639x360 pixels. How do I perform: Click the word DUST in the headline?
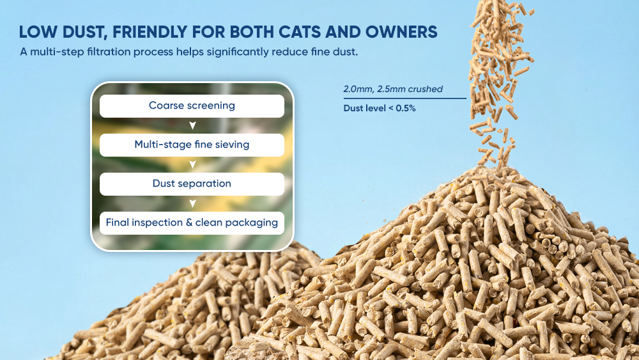coord(83,32)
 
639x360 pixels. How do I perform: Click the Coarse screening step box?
coord(192,106)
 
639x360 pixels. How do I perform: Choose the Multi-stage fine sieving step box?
coord(192,145)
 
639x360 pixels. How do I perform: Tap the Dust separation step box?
coord(192,184)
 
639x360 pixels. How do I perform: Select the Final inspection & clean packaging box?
coord(192,223)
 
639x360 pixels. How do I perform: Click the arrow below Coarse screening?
coord(193,125)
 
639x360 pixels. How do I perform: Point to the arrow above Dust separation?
coord(193,165)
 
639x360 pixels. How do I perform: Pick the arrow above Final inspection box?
coord(193,203)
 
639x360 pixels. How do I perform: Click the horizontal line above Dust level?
coord(404,98)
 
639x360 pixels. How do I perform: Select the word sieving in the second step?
coord(233,145)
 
